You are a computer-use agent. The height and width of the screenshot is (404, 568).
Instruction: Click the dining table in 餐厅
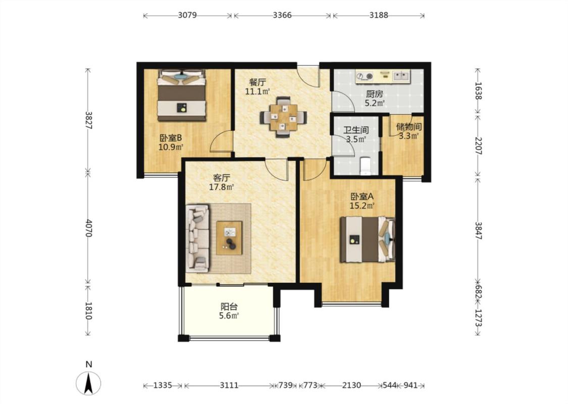click(283, 117)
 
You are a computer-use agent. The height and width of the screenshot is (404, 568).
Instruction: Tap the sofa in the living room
click(198, 238)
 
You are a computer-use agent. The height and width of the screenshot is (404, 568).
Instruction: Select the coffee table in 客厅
click(229, 238)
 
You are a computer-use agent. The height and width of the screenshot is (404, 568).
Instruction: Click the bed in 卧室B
click(181, 95)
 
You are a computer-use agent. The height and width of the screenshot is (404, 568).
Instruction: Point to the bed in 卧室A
click(368, 239)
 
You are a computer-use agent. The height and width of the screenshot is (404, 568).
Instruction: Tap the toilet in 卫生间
click(365, 165)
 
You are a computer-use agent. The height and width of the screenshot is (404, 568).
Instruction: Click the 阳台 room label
click(229, 307)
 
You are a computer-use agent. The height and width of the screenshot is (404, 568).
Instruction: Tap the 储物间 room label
click(409, 127)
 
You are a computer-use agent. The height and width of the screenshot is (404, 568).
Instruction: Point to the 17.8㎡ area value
click(221, 187)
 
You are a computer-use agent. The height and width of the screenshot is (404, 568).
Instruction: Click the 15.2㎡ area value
click(362, 206)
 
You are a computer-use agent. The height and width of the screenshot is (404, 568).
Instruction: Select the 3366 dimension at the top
click(282, 15)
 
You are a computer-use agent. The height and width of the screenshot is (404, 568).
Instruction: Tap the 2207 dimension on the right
click(478, 145)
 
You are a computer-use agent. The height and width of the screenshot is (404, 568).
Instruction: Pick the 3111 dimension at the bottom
click(229, 385)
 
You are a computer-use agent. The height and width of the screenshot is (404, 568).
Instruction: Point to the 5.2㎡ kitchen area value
click(375, 103)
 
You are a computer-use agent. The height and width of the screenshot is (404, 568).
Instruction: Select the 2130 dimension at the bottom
click(351, 385)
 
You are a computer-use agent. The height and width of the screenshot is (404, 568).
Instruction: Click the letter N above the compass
click(88, 364)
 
